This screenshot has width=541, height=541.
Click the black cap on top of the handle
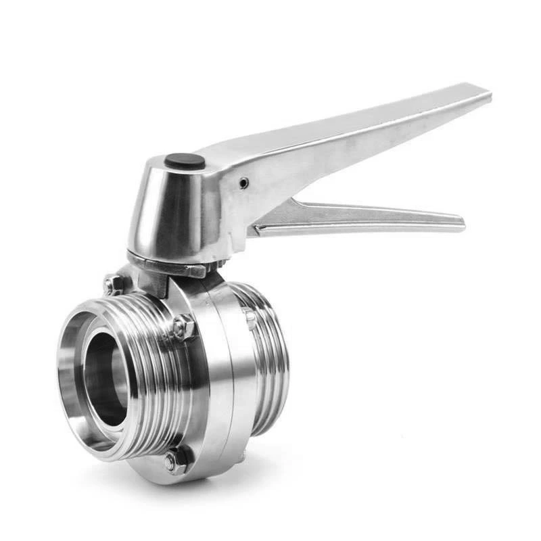click(185, 161)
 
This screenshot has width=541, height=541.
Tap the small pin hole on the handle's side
click(243, 183)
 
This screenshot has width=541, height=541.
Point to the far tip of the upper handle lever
click(484, 93)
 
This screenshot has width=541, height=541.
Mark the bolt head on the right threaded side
click(250, 318)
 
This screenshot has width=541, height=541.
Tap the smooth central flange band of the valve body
click(216, 379)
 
